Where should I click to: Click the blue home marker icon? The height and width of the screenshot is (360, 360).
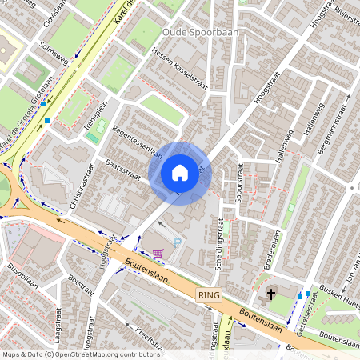180,173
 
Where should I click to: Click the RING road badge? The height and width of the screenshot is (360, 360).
208,295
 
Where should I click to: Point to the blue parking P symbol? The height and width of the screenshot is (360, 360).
178,242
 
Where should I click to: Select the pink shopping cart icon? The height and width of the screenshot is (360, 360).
158,254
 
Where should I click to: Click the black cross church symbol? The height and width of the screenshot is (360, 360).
271,294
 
